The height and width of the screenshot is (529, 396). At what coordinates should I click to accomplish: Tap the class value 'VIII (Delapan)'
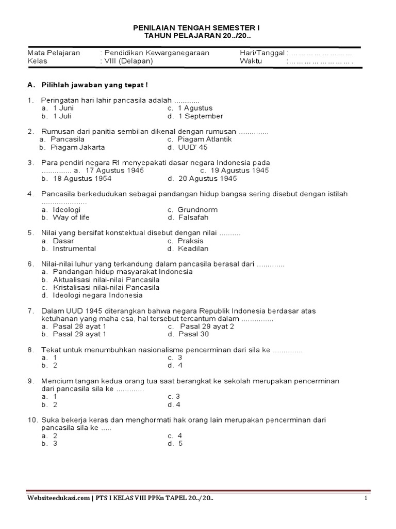128,60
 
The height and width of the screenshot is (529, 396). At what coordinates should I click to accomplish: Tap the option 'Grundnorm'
197,210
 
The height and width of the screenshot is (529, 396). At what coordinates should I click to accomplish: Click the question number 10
31,420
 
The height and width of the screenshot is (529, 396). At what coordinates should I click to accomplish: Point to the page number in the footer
366,497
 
